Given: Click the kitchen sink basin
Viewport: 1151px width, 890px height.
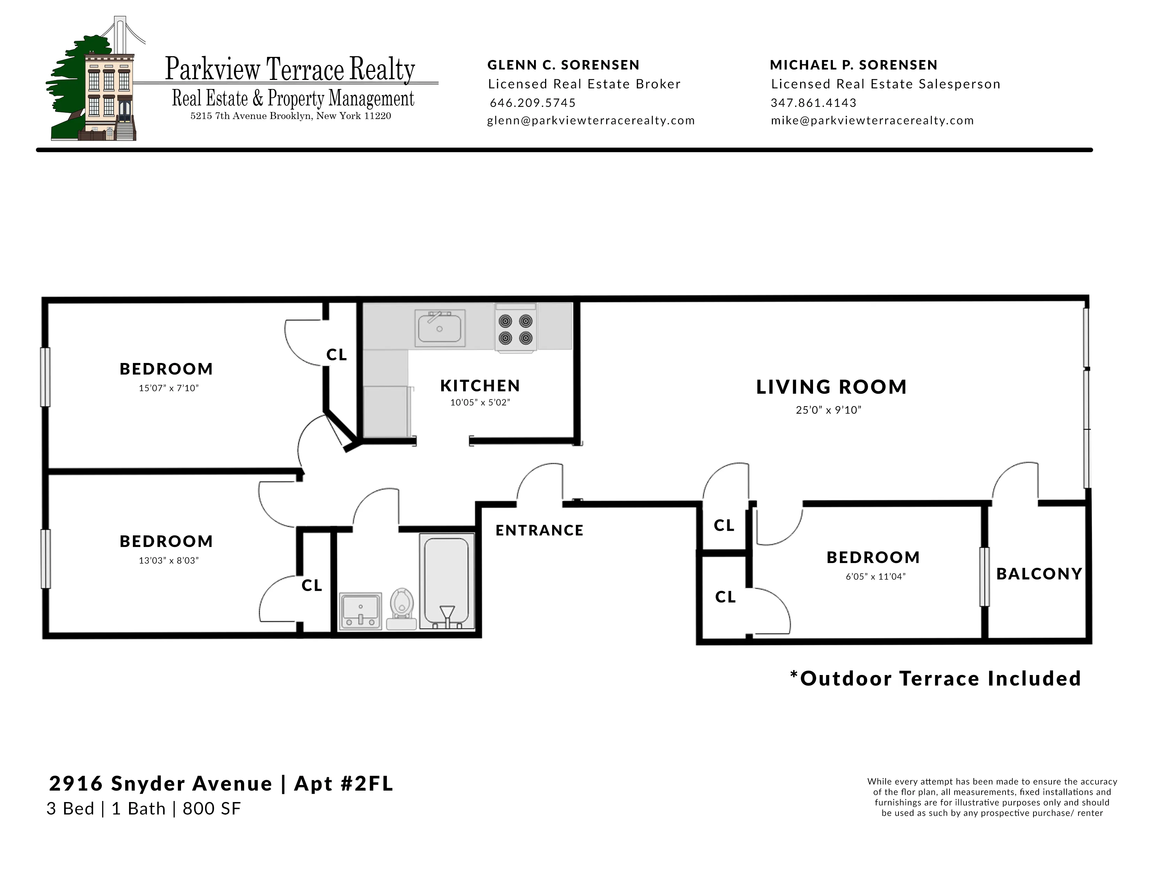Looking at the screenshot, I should coord(439,328).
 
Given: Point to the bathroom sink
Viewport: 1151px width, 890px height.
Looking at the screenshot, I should coord(361,610).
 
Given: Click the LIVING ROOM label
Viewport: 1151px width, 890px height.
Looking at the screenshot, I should coord(831,387).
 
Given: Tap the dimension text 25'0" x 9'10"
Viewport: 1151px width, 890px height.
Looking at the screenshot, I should coord(828,410).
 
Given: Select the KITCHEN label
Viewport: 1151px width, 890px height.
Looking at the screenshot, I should coord(480,386).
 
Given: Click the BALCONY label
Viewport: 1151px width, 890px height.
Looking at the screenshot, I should coord(1039,574).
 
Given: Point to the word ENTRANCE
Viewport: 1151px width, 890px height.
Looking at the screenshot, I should coord(539,531).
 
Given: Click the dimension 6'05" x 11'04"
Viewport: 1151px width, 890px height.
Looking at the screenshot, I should coord(875,577).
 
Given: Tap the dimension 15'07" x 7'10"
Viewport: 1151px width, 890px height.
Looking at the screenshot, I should coord(168,388).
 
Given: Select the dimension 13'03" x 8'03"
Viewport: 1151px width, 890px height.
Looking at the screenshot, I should coord(168,561).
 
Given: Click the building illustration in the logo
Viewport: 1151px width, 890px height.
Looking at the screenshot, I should coord(108,95).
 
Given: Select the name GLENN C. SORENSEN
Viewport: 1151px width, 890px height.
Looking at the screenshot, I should coord(563,65).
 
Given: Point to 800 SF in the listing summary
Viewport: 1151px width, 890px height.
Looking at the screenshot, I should coord(211,809).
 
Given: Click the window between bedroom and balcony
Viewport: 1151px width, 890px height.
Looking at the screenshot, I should coord(984,577).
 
